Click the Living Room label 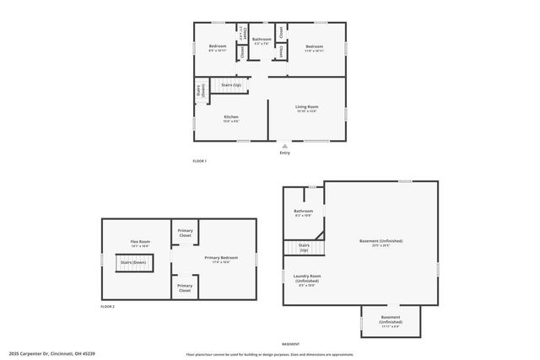pos(306,107)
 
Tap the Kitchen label pos(230,117)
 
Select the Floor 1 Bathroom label pos(262,40)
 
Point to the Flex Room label pos(140,242)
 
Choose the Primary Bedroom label pos(221,257)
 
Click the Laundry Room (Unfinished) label pos(305,279)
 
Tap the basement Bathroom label pos(304,212)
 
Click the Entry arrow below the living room pos(283,145)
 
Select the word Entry pos(283,153)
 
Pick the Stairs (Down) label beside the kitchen pos(200,91)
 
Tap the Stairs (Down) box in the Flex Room pos(133,262)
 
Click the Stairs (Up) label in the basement pos(304,247)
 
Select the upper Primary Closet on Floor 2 pos(185,234)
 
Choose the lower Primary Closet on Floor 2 pos(185,287)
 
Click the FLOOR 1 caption pos(200,160)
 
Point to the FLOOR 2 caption pos(107,307)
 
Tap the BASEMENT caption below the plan pos(290,345)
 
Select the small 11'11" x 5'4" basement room pos(391,320)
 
